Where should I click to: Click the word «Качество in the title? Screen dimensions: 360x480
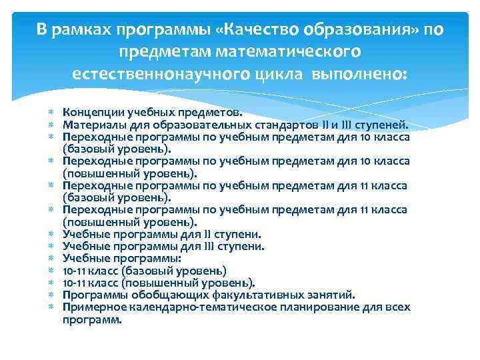(251, 31)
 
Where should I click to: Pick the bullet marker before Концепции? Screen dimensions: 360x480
(51, 113)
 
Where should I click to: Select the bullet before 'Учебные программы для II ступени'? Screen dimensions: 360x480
(51, 235)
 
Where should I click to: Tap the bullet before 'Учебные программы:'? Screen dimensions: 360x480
(51, 259)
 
